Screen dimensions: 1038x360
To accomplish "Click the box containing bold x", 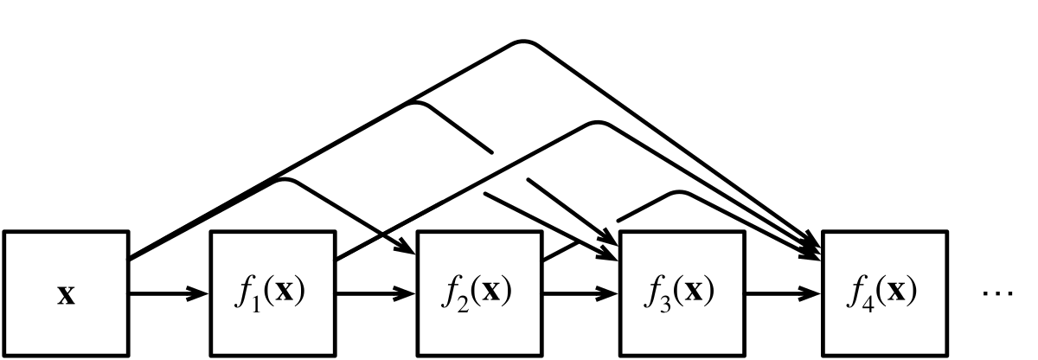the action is pyautogui.click(x=67, y=293).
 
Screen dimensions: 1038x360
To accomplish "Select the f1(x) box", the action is pyautogui.click(x=273, y=293).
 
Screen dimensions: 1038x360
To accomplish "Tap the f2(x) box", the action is pyautogui.click(x=480, y=293).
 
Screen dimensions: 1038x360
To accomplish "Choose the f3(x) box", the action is pyautogui.click(x=682, y=293).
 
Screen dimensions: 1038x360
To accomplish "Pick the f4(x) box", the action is pyautogui.click(x=885, y=293).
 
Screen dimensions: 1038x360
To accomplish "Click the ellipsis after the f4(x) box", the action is pyautogui.click(x=997, y=293).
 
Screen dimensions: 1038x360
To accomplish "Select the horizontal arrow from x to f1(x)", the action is pyautogui.click(x=170, y=293).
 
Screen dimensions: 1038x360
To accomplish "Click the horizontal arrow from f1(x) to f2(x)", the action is pyautogui.click(x=375, y=293).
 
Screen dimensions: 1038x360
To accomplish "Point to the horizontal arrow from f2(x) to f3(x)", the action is pyautogui.click(x=581, y=293).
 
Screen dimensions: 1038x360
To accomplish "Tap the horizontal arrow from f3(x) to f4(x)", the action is pyautogui.click(x=784, y=293).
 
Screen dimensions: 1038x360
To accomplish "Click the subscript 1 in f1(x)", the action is pyautogui.click(x=255, y=304).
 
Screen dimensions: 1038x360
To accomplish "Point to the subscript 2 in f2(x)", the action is pyautogui.click(x=463, y=304).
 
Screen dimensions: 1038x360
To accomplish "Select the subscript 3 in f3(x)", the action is pyautogui.click(x=665, y=304).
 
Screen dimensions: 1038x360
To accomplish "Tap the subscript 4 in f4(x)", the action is pyautogui.click(x=868, y=304).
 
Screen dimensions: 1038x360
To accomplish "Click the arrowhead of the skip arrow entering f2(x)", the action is pyautogui.click(x=406, y=247).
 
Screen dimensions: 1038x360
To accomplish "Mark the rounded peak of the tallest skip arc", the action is pyautogui.click(x=523, y=42).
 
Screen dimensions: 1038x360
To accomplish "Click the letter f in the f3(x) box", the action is pyautogui.click(x=653, y=292).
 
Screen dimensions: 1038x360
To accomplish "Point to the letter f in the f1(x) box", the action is pyautogui.click(x=244, y=292).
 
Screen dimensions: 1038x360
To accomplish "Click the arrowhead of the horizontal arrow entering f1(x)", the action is pyautogui.click(x=198, y=293).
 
